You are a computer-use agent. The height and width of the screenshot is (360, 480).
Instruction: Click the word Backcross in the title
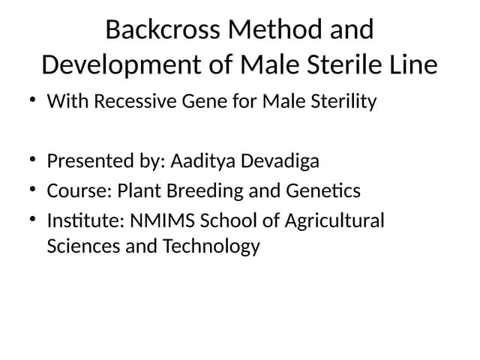[x=163, y=30]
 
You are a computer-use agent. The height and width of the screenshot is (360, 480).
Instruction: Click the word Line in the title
[x=414, y=64]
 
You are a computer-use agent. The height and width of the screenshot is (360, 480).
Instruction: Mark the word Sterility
[x=341, y=101]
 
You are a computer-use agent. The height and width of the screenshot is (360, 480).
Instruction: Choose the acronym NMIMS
[x=157, y=221]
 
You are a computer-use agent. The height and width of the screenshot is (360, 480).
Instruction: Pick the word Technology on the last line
[x=211, y=246]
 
